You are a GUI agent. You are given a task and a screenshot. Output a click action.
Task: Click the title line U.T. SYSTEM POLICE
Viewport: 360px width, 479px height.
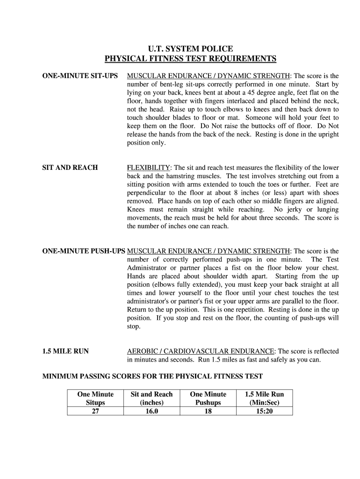click(x=190, y=49)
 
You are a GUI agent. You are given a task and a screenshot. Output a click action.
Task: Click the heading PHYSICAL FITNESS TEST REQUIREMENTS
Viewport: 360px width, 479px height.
click(x=190, y=58)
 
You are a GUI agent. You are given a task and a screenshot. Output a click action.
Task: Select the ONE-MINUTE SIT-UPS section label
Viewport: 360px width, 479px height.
click(x=80, y=76)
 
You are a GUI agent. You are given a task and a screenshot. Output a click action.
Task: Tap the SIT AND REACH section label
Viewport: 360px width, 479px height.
click(x=70, y=167)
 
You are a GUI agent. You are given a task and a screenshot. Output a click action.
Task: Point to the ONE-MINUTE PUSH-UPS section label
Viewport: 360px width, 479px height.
click(x=84, y=251)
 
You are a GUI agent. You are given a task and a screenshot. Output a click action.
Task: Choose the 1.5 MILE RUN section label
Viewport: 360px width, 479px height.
click(x=65, y=351)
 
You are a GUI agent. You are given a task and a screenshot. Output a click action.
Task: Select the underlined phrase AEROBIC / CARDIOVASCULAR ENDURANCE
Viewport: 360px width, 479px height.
click(x=201, y=351)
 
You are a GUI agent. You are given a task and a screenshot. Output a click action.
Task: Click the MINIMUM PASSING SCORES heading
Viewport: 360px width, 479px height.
click(x=152, y=376)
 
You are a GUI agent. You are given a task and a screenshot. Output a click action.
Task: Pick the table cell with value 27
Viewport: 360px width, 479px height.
click(x=95, y=411)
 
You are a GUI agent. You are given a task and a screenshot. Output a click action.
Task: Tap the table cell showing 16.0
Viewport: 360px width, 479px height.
click(x=151, y=411)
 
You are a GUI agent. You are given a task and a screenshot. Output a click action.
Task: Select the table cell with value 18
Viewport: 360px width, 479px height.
click(x=208, y=411)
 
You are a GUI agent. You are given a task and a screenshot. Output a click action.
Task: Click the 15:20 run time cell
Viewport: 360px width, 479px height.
click(x=265, y=411)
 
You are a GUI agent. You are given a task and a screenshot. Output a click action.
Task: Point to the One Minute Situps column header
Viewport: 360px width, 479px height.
click(x=95, y=398)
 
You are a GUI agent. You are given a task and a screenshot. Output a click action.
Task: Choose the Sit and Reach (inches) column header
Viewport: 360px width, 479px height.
click(x=151, y=398)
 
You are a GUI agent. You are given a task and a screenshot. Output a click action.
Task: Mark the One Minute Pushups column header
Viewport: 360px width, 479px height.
click(x=208, y=398)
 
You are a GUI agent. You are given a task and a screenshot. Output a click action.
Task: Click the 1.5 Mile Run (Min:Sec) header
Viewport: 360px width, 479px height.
click(x=265, y=398)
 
